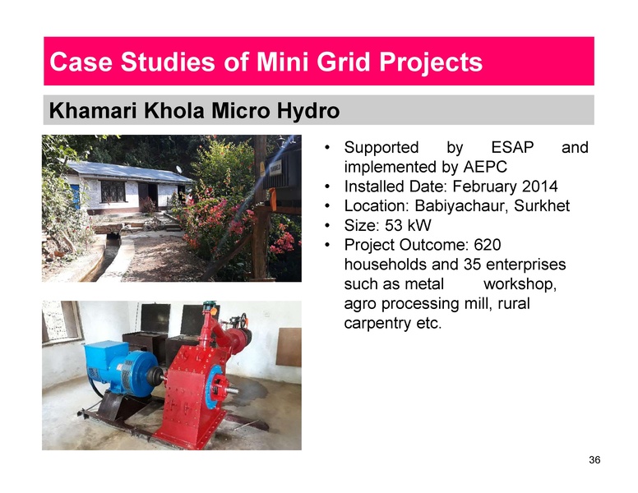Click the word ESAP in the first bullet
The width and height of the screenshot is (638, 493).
[x=512, y=148]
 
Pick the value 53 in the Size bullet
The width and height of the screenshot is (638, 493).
[x=390, y=225]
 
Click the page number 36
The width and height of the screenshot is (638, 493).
[x=594, y=459]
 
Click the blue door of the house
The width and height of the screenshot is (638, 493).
[x=76, y=195]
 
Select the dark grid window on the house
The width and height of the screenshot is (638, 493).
[x=112, y=192]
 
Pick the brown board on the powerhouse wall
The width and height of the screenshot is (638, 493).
[x=289, y=346]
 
